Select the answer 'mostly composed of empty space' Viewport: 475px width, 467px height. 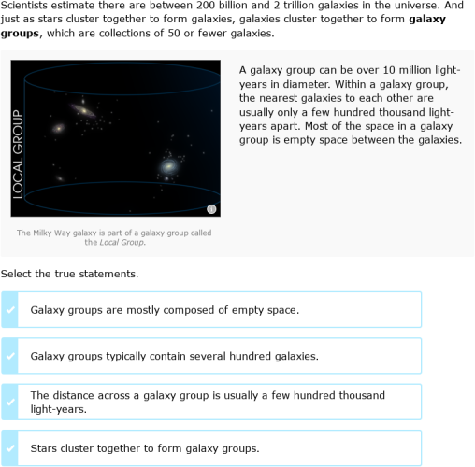165,309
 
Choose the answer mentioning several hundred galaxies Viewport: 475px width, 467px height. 175,356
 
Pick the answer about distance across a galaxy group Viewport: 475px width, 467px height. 207,402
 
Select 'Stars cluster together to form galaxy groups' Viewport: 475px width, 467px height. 144,448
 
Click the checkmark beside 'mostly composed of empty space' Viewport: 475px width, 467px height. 10,309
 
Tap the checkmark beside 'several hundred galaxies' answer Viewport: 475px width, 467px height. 10,356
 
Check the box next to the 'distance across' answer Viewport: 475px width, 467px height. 10,402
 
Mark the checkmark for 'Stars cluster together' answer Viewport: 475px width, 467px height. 10,448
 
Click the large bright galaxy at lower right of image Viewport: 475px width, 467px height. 169,166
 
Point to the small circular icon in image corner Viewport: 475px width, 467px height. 211,209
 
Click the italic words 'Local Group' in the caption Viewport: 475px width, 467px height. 123,243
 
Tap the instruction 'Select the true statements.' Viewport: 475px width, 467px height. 69,274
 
